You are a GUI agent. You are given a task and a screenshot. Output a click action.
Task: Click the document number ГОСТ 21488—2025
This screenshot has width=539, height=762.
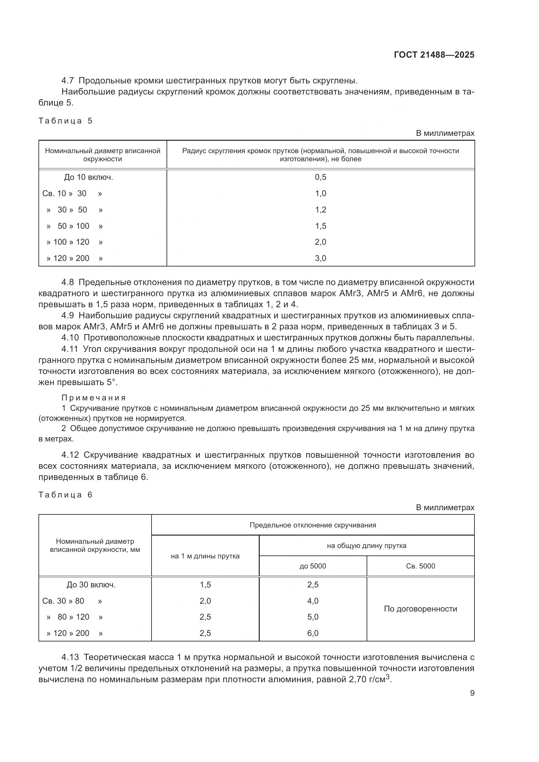[x=434, y=55]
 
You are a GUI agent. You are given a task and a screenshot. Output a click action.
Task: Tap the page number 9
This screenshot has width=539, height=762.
[x=472, y=693]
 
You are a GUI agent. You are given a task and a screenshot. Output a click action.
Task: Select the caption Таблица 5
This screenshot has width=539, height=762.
[x=66, y=121]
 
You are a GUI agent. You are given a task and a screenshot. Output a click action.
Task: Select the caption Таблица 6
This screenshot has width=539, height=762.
[x=66, y=495]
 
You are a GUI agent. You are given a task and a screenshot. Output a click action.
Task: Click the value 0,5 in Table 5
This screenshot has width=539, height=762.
[x=320, y=177]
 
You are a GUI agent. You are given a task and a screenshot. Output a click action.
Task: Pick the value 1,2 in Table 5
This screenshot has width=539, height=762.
[x=320, y=210]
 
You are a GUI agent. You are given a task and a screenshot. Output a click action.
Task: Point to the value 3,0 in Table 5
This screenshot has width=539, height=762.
[x=320, y=258]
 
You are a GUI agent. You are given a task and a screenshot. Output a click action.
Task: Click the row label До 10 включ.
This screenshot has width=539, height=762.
[x=89, y=177]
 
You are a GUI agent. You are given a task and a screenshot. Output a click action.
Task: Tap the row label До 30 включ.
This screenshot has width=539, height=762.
[x=91, y=585]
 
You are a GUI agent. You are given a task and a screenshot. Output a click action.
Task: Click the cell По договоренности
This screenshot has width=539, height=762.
[x=420, y=609]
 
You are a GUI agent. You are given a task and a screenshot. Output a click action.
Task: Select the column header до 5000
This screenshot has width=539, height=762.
[x=313, y=566]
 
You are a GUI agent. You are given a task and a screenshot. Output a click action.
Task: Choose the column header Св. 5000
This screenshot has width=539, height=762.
[x=420, y=566]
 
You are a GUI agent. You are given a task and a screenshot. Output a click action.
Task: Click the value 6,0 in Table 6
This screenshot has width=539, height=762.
[x=313, y=633]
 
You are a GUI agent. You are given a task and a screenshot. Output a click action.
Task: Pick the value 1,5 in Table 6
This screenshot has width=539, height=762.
[x=205, y=585]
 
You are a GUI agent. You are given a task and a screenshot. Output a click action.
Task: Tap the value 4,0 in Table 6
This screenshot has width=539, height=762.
[x=313, y=601]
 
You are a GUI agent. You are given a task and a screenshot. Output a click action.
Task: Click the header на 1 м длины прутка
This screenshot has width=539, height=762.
[x=205, y=556]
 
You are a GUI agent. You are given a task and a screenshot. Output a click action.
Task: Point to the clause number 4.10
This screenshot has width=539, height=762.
[x=70, y=338]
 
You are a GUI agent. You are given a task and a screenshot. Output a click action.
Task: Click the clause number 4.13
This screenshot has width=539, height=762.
[x=70, y=657]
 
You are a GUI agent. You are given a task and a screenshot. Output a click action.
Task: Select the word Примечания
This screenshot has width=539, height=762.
[x=94, y=397]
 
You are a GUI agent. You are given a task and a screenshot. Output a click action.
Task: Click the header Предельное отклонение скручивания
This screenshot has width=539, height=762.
[x=313, y=525]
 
